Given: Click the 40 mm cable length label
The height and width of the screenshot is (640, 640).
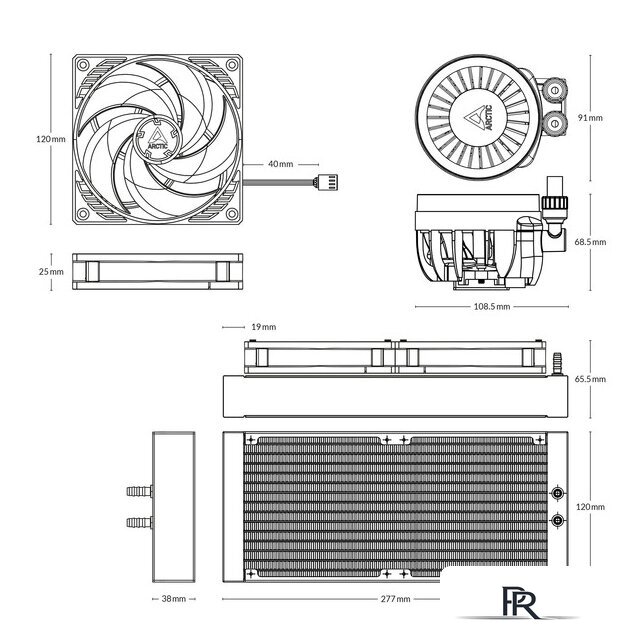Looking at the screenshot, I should [x=280, y=163].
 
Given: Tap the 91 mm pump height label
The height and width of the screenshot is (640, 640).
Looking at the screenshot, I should [x=590, y=118].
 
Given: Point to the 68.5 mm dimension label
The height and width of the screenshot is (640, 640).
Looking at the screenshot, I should [x=590, y=242].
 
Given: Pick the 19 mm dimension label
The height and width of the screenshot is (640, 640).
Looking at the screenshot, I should [x=263, y=326].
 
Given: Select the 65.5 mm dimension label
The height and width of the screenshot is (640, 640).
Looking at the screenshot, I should [x=590, y=379].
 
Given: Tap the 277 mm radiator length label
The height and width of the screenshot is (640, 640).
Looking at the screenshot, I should [x=395, y=599].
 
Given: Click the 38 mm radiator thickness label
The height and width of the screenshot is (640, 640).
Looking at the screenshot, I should [x=173, y=599].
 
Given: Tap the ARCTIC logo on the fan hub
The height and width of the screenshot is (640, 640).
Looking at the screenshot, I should [x=157, y=136].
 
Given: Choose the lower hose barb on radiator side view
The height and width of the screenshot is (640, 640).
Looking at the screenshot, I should [x=136, y=521].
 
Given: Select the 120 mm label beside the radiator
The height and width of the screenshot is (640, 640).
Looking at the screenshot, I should [x=590, y=508].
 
